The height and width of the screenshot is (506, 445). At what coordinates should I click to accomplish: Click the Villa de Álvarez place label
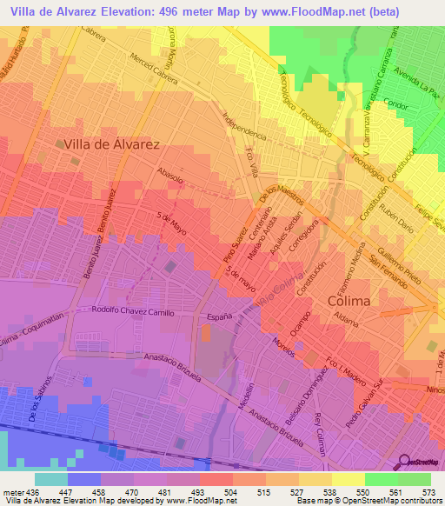(x=111, y=146)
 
